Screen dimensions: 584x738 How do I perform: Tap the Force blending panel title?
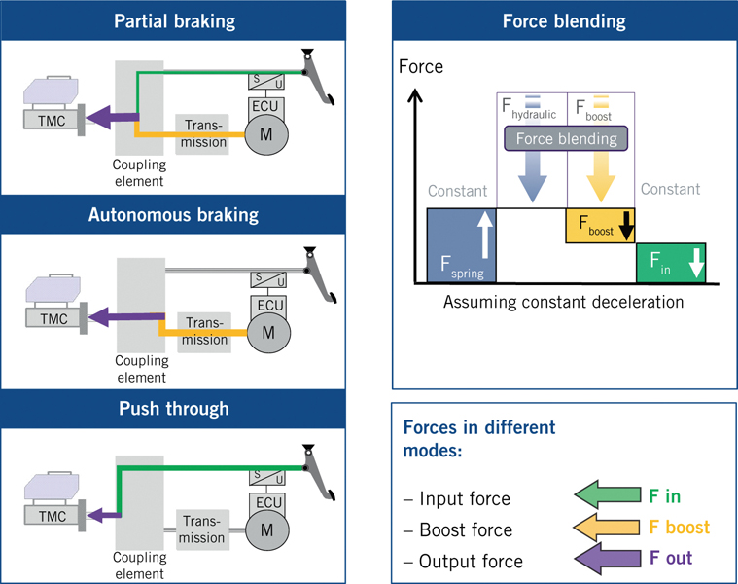coord(564,20)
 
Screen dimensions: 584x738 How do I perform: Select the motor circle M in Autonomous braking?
coord(264,331)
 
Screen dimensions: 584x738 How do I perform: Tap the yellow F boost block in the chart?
coord(600,226)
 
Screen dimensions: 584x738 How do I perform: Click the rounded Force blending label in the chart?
coord(566,138)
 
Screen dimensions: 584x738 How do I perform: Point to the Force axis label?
coord(421,67)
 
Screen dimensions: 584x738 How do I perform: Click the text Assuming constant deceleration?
coord(563,302)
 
